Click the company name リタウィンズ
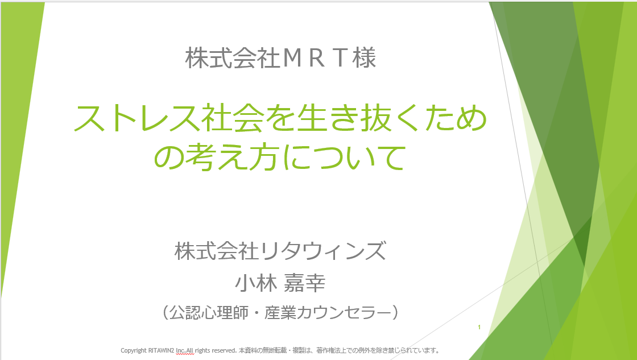click(x=323, y=251)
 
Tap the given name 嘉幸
click(x=305, y=283)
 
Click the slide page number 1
click(x=479, y=327)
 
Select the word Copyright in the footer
click(x=134, y=350)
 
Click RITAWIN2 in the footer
click(x=162, y=350)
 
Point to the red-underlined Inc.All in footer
click(x=185, y=350)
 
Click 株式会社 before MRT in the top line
click(x=233, y=57)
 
